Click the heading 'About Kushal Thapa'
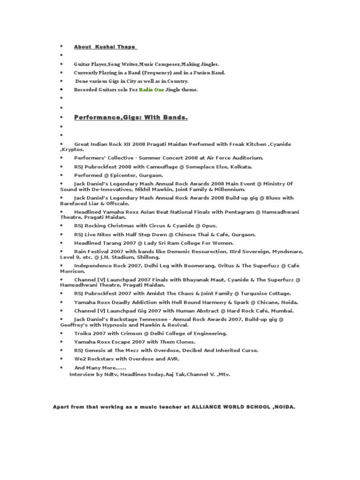[x=105, y=47]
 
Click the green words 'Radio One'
[x=151, y=90]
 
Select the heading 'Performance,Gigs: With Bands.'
[x=131, y=117]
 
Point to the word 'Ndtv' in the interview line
[x=111, y=375]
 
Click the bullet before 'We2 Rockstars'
[x=61, y=359]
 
